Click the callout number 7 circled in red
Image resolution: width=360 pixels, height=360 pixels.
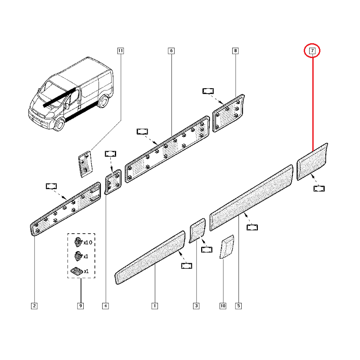[312, 51]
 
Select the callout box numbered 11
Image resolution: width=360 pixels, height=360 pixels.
[120, 51]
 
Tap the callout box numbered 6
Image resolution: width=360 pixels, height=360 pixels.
[171, 51]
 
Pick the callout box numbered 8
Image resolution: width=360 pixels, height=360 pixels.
[235, 51]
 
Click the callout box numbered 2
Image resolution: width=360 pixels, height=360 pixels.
[34, 306]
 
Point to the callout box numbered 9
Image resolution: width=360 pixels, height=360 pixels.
[81, 306]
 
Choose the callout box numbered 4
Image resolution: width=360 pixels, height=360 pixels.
[105, 306]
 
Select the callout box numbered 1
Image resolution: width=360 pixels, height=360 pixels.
[154, 306]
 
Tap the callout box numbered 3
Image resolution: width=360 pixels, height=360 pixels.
[196, 306]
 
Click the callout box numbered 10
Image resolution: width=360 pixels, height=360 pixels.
[222, 306]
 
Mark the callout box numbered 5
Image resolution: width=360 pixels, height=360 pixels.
[238, 306]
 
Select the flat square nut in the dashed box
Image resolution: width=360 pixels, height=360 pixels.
[76, 271]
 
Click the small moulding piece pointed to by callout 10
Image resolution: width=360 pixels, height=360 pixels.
[226, 247]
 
